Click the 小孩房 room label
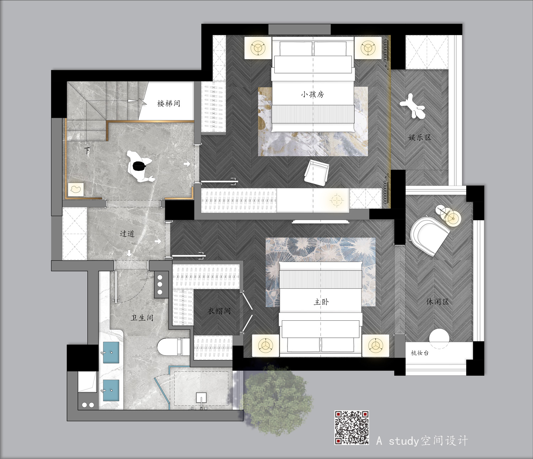click(x=313, y=94)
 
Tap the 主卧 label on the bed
click(x=321, y=302)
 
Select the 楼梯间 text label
click(x=169, y=104)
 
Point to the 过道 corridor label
click(x=127, y=234)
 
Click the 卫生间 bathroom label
click(x=142, y=318)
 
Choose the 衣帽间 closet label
click(x=219, y=311)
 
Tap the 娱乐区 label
click(x=420, y=138)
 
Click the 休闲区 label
click(x=437, y=302)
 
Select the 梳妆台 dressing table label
click(x=420, y=353)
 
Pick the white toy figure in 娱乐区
click(x=412, y=106)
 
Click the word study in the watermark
click(x=404, y=441)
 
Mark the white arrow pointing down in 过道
click(x=129, y=253)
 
